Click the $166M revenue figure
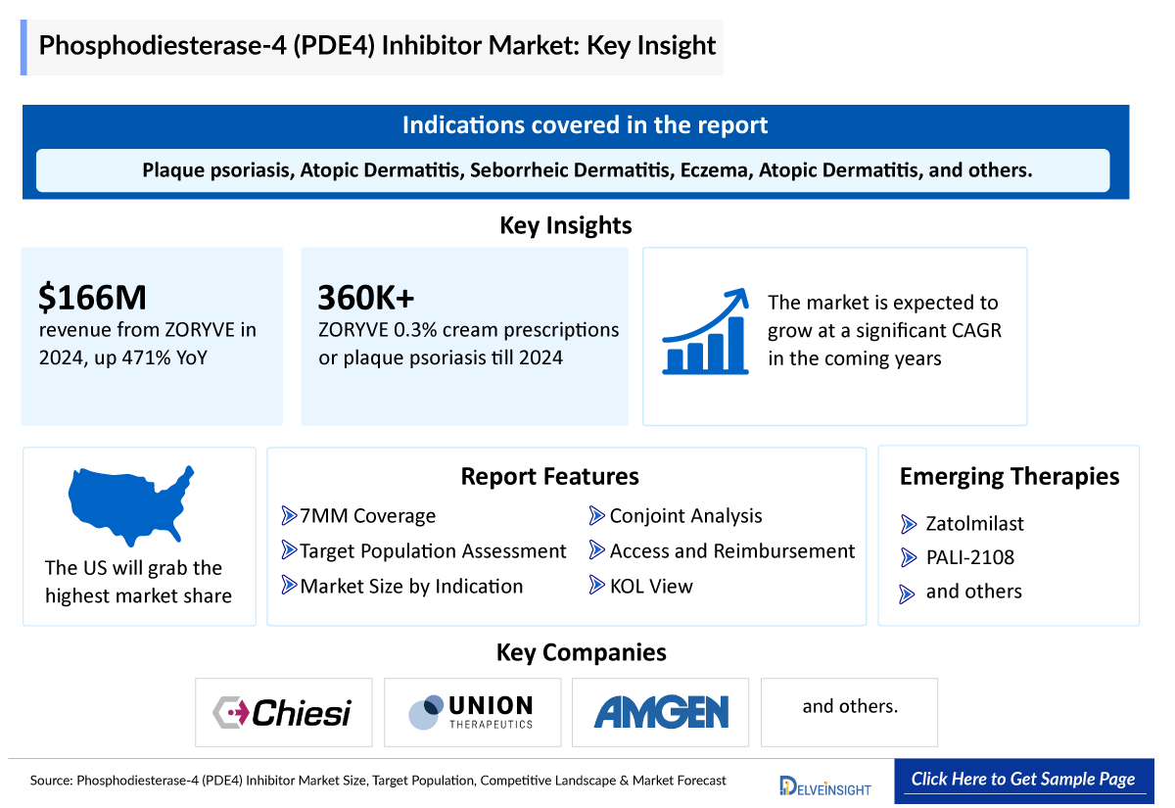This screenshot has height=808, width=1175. pyautogui.click(x=93, y=297)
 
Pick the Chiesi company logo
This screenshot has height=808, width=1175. pyautogui.click(x=283, y=712)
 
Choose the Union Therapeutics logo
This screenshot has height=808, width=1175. pyautogui.click(x=472, y=712)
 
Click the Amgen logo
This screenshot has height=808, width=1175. pyautogui.click(x=661, y=712)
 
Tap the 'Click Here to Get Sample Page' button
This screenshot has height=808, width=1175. pyautogui.click(x=1022, y=780)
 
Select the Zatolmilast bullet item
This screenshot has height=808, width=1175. pyautogui.click(x=974, y=524)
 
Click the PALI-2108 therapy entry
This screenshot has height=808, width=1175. pyautogui.click(x=969, y=558)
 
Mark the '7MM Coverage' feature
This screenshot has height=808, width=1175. pyautogui.click(x=367, y=516)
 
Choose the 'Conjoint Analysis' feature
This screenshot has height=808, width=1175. pyautogui.click(x=685, y=516)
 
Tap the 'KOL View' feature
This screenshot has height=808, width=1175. pyautogui.click(x=651, y=587)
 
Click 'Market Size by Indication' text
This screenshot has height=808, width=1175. pyautogui.click(x=411, y=587)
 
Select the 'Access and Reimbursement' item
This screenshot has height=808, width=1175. pyautogui.click(x=731, y=551)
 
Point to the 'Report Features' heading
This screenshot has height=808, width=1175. pyautogui.click(x=549, y=477)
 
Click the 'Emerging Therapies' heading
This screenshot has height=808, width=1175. pyautogui.click(x=1010, y=477)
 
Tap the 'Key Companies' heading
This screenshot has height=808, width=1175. pyautogui.click(x=582, y=652)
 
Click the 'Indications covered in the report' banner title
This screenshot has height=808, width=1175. pyautogui.click(x=585, y=125)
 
